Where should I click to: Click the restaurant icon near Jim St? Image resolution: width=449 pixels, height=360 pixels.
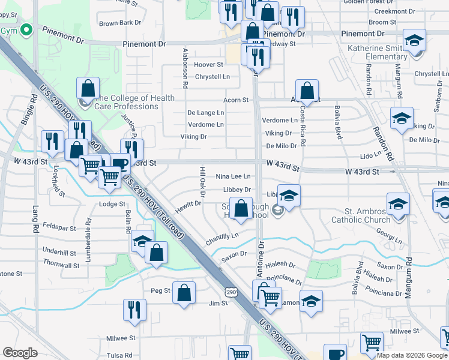(134, 310)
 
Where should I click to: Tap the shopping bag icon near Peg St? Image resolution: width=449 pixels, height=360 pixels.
(185, 293)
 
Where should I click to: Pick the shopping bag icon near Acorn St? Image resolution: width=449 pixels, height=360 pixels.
(307, 91)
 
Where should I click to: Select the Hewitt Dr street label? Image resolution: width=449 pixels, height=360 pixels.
(188, 205)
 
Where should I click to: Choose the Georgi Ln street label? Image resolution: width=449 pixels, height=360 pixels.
(387, 238)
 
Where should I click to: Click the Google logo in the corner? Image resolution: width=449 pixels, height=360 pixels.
(20, 353)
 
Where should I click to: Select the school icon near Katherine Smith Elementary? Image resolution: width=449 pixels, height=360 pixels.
(414, 40)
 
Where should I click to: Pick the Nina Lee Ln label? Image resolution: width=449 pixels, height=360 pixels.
(233, 176)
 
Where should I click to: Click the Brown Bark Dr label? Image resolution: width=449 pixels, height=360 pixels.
(120, 23)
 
